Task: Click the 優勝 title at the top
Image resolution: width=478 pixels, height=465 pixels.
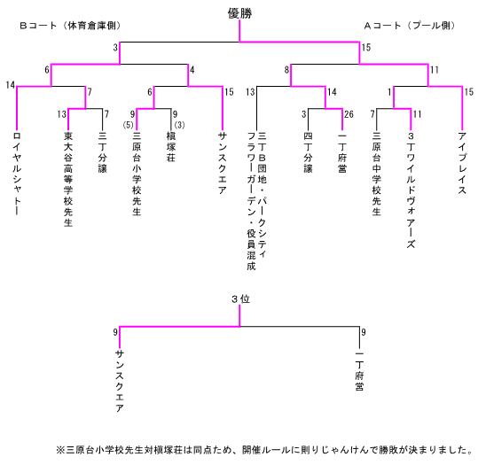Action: (x=240, y=13)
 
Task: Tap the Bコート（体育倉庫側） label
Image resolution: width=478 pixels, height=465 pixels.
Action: (x=70, y=26)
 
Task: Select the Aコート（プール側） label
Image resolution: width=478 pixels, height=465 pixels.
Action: (x=410, y=26)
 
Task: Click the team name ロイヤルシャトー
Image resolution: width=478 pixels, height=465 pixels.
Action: (x=17, y=174)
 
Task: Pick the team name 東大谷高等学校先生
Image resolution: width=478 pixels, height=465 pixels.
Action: (x=68, y=180)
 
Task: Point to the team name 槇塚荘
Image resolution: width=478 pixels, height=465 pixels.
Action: (x=171, y=147)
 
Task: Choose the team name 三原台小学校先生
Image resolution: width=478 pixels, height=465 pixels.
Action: (x=137, y=174)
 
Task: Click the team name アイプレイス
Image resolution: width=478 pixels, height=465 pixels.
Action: (x=462, y=163)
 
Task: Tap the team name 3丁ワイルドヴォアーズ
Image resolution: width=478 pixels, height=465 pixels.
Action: (x=411, y=190)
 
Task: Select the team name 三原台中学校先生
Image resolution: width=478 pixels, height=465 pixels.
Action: (x=377, y=174)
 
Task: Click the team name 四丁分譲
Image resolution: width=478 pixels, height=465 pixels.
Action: (x=308, y=152)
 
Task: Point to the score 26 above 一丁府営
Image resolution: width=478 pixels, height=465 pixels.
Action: (x=349, y=114)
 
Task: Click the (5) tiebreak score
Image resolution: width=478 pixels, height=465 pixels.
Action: (x=128, y=125)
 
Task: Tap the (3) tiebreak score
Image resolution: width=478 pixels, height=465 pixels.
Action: (x=179, y=125)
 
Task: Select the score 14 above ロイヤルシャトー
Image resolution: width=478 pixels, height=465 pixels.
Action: (x=11, y=85)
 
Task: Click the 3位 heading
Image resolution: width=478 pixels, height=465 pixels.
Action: (x=240, y=299)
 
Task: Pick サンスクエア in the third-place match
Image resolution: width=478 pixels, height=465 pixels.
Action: (x=120, y=381)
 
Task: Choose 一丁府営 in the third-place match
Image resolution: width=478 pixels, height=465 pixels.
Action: (x=359, y=371)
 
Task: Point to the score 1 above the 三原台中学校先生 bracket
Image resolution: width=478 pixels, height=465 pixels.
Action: (x=389, y=92)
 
